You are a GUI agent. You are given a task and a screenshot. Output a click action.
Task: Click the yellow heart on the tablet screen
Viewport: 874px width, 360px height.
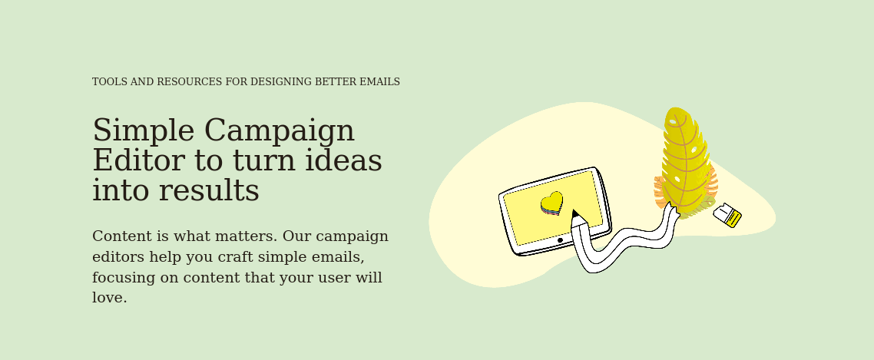pos(552,203)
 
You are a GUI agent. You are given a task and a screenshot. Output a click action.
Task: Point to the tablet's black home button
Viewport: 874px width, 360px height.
pos(560,240)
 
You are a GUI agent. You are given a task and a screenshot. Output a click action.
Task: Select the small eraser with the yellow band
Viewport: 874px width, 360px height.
pos(727,215)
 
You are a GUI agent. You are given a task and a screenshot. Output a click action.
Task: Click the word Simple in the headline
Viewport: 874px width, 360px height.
pos(144,130)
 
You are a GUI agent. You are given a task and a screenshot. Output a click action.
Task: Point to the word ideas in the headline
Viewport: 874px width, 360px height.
pos(343,160)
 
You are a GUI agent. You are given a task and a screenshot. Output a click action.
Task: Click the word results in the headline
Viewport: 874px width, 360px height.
pos(208,190)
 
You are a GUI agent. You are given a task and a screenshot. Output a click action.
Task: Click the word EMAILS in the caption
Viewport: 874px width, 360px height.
pos(379,82)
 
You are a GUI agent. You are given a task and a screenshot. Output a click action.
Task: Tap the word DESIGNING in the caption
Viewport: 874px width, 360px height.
pos(281,82)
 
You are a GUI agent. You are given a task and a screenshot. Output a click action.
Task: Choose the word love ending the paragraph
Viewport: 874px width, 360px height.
pos(109,298)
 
